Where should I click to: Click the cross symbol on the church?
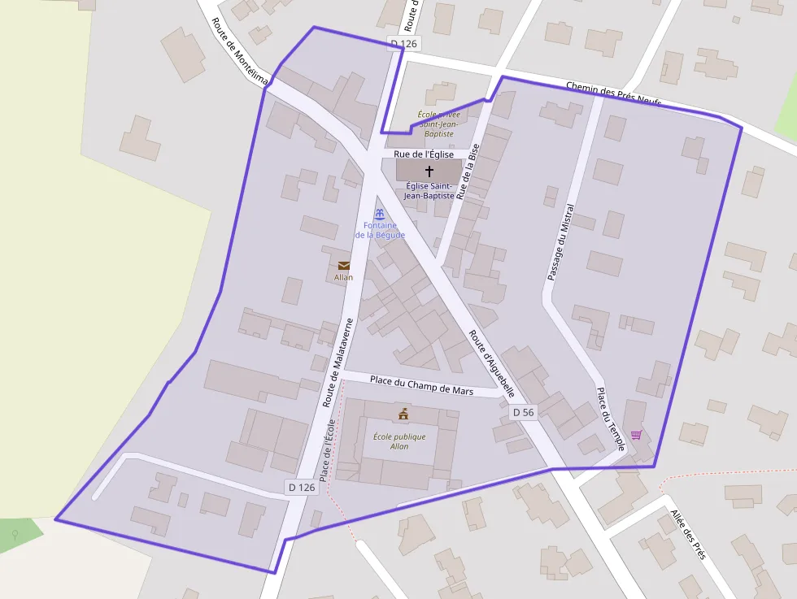tap(429, 171)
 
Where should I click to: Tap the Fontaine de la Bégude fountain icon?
tap(379, 214)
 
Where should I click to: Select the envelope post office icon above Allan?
tap(344, 265)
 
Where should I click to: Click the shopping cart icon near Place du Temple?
tap(636, 435)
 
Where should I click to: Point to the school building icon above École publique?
tap(403, 415)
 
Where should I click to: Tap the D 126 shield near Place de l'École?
tap(301, 487)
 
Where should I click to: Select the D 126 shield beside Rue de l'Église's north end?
tap(403, 43)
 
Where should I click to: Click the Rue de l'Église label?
tap(424, 154)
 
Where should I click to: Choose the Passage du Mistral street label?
tap(560, 242)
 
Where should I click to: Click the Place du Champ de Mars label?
tap(421, 384)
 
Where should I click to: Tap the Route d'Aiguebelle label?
tap(491, 363)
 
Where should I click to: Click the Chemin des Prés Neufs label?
tap(613, 94)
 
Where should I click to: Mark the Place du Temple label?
tap(610, 419)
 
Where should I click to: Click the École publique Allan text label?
tap(398, 441)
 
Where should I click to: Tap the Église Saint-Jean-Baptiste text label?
tap(429, 191)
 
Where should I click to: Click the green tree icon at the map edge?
tap(15, 534)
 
